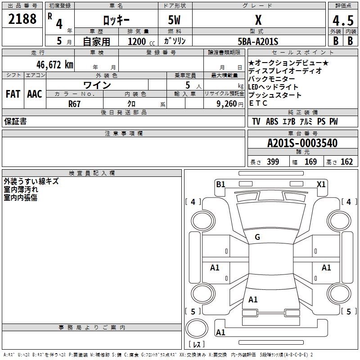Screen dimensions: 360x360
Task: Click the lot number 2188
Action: [x=22, y=19]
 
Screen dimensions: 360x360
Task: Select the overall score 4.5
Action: [x=343, y=21]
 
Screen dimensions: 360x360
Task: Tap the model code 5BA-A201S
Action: [x=258, y=41]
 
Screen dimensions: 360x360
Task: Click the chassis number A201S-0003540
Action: [x=302, y=143]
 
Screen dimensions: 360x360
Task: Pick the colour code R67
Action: [x=75, y=103]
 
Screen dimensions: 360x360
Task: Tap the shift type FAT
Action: [x=13, y=94]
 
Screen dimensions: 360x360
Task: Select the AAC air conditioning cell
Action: [x=35, y=94]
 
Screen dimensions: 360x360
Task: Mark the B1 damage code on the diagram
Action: [x=220, y=184]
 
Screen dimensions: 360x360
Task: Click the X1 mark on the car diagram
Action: [x=321, y=184]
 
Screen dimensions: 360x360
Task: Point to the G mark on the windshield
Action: [x=257, y=237]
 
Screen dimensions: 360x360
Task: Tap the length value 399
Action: [x=272, y=162]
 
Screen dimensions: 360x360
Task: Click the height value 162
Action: [x=346, y=162]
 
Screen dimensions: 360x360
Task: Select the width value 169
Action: [x=310, y=162]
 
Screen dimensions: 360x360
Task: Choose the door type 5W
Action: [x=175, y=20]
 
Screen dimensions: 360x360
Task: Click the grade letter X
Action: [x=258, y=20]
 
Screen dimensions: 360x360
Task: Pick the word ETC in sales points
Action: [x=258, y=103]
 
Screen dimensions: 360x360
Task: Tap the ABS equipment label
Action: [x=272, y=121]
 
